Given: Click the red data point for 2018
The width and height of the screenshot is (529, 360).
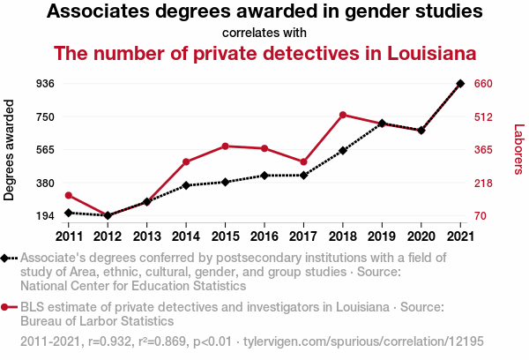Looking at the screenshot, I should click(x=342, y=115).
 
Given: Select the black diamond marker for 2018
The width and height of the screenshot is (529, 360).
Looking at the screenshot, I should click(x=342, y=151).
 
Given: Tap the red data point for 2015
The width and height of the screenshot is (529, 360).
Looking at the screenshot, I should click(x=225, y=146).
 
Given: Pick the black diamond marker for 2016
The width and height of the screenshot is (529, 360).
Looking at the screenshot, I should click(x=264, y=176).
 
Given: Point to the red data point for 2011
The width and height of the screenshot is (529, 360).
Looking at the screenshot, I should click(x=69, y=195).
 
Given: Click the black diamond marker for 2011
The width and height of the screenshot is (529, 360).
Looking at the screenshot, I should click(x=69, y=213).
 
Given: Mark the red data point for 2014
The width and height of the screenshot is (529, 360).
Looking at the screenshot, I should click(x=186, y=161).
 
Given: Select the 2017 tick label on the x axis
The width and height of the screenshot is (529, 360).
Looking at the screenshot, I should click(x=303, y=236).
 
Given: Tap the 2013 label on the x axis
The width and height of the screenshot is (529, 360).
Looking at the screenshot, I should click(x=147, y=236).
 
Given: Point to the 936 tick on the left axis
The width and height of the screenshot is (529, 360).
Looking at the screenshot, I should click(x=45, y=84).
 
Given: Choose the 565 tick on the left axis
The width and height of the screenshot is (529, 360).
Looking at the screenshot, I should click(x=45, y=150).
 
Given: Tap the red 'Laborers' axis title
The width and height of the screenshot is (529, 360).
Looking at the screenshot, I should click(x=518, y=150).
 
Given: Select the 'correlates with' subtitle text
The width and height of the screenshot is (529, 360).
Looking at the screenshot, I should click(x=264, y=33).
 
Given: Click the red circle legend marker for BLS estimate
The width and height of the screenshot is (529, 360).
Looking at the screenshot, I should click(x=6, y=307).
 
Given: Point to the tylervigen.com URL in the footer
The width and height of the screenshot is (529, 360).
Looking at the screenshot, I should click(x=361, y=340).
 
